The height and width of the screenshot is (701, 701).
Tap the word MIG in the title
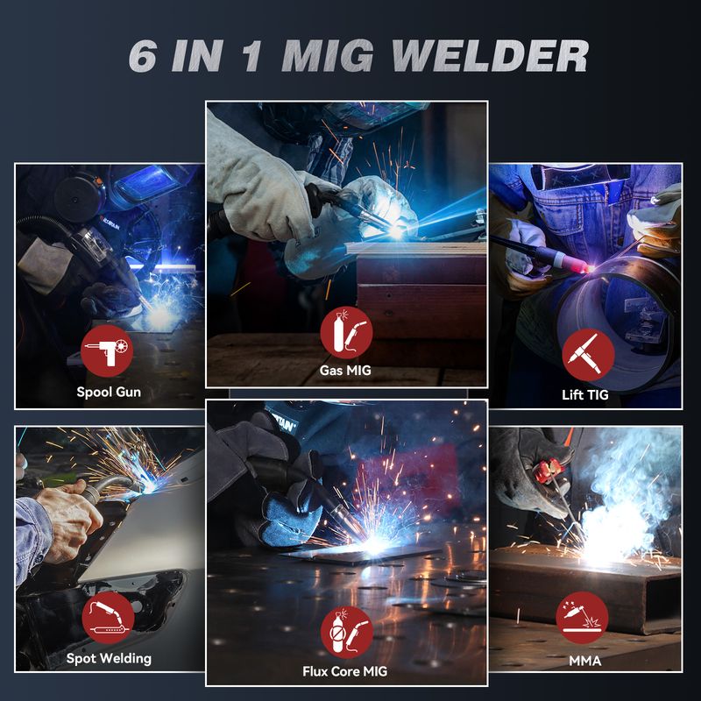pyautogui.click(x=327, y=56)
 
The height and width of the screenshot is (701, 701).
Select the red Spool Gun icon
pyautogui.click(x=107, y=351)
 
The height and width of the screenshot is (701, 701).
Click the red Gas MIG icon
pyautogui.click(x=346, y=332)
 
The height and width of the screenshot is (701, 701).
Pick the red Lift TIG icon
pyautogui.click(x=588, y=355)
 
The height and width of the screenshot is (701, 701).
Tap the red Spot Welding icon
pyautogui.click(x=108, y=618)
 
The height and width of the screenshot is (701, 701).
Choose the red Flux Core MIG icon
pyautogui.click(x=347, y=632)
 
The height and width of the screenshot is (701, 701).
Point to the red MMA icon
pyautogui.click(x=582, y=618)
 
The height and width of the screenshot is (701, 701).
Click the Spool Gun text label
pyautogui.click(x=109, y=392)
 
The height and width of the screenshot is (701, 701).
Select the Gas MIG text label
pyautogui.click(x=345, y=370)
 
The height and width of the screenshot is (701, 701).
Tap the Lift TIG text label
pyautogui.click(x=585, y=395)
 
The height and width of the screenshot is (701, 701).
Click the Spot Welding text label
pyautogui.click(x=109, y=659)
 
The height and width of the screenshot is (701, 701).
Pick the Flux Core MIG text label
pyautogui.click(x=344, y=671)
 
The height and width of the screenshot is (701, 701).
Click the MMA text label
pyautogui.click(x=584, y=661)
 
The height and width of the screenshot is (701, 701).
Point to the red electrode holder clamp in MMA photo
pyautogui.click(x=549, y=471)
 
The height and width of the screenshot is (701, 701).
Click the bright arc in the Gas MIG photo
pyautogui.click(x=396, y=231)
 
